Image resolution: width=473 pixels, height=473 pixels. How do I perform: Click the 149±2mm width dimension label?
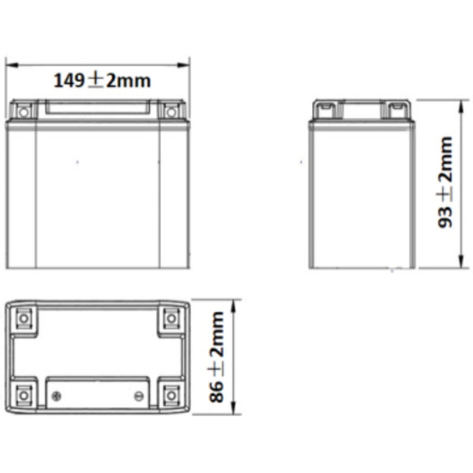[x=102, y=80]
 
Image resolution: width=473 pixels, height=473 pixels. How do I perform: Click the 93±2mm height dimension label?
[x=446, y=183]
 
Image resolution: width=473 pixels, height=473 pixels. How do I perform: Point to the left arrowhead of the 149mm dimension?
[x=9, y=65]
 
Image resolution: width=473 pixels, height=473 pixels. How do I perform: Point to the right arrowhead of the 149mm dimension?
[x=187, y=65]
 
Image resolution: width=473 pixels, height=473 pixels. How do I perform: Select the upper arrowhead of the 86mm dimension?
[x=233, y=303]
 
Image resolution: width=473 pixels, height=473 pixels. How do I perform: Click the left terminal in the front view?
[x=22, y=111]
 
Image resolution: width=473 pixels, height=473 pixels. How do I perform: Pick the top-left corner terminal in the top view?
[x=24, y=318]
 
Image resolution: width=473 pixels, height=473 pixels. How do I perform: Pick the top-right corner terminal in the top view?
[x=171, y=318]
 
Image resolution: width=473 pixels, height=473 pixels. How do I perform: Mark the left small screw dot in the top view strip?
[x=55, y=395]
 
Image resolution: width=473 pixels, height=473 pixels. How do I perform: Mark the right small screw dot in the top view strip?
[x=139, y=395]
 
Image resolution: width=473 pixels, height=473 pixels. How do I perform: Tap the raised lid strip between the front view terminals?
[x=97, y=110]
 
